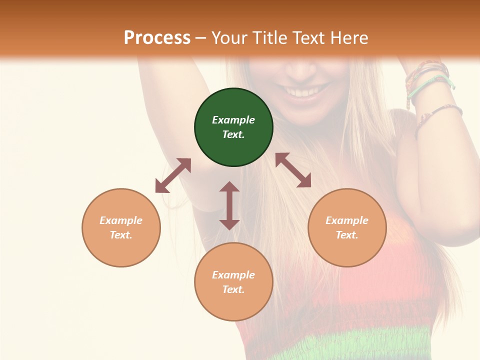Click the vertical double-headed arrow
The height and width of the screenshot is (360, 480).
[229, 205]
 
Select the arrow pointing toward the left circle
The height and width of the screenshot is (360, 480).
[173, 175]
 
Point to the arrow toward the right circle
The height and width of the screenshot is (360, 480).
[293, 170]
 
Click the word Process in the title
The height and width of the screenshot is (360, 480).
[157, 38]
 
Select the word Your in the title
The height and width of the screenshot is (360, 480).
[229, 38]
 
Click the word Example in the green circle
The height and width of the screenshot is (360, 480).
[233, 120]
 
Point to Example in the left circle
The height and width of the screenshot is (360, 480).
[121, 220]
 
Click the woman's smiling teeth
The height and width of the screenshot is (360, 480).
[305, 92]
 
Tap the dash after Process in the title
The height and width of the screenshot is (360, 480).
[201, 38]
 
